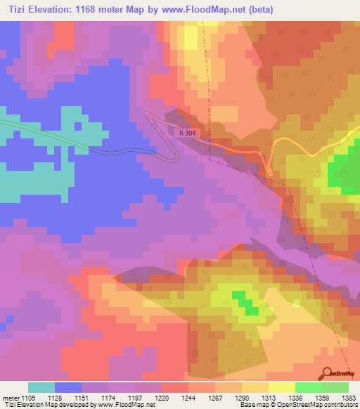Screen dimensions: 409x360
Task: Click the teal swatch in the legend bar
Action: pyautogui.click(x=41, y=388)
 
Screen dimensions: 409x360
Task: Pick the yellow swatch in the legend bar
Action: pyautogui.click(x=281, y=388)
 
